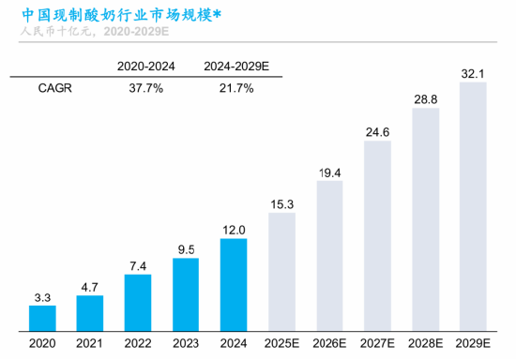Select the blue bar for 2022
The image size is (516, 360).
137,303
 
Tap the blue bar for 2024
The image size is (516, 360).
234,285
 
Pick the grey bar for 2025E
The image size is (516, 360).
281,272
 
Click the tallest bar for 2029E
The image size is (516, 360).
474,207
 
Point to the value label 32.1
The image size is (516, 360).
474,72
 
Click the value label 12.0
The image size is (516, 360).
234,229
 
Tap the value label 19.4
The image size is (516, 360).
329,172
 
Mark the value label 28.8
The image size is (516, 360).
426,97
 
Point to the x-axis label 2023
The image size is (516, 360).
186,344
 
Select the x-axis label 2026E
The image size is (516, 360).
329,344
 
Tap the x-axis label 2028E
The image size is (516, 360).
426,344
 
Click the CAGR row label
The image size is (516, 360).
54,88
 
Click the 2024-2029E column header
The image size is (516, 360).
235,66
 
